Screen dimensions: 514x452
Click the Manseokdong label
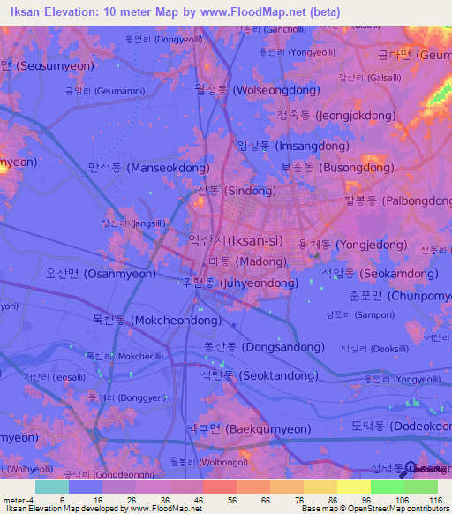tap(148, 167)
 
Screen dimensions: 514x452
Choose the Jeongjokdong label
tap(340, 114)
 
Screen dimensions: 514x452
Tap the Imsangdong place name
tap(295, 145)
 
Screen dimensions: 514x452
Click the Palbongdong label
tap(397, 200)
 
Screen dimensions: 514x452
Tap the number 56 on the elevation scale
tap(220, 499)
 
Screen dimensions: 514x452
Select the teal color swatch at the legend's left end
tap(51, 487)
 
